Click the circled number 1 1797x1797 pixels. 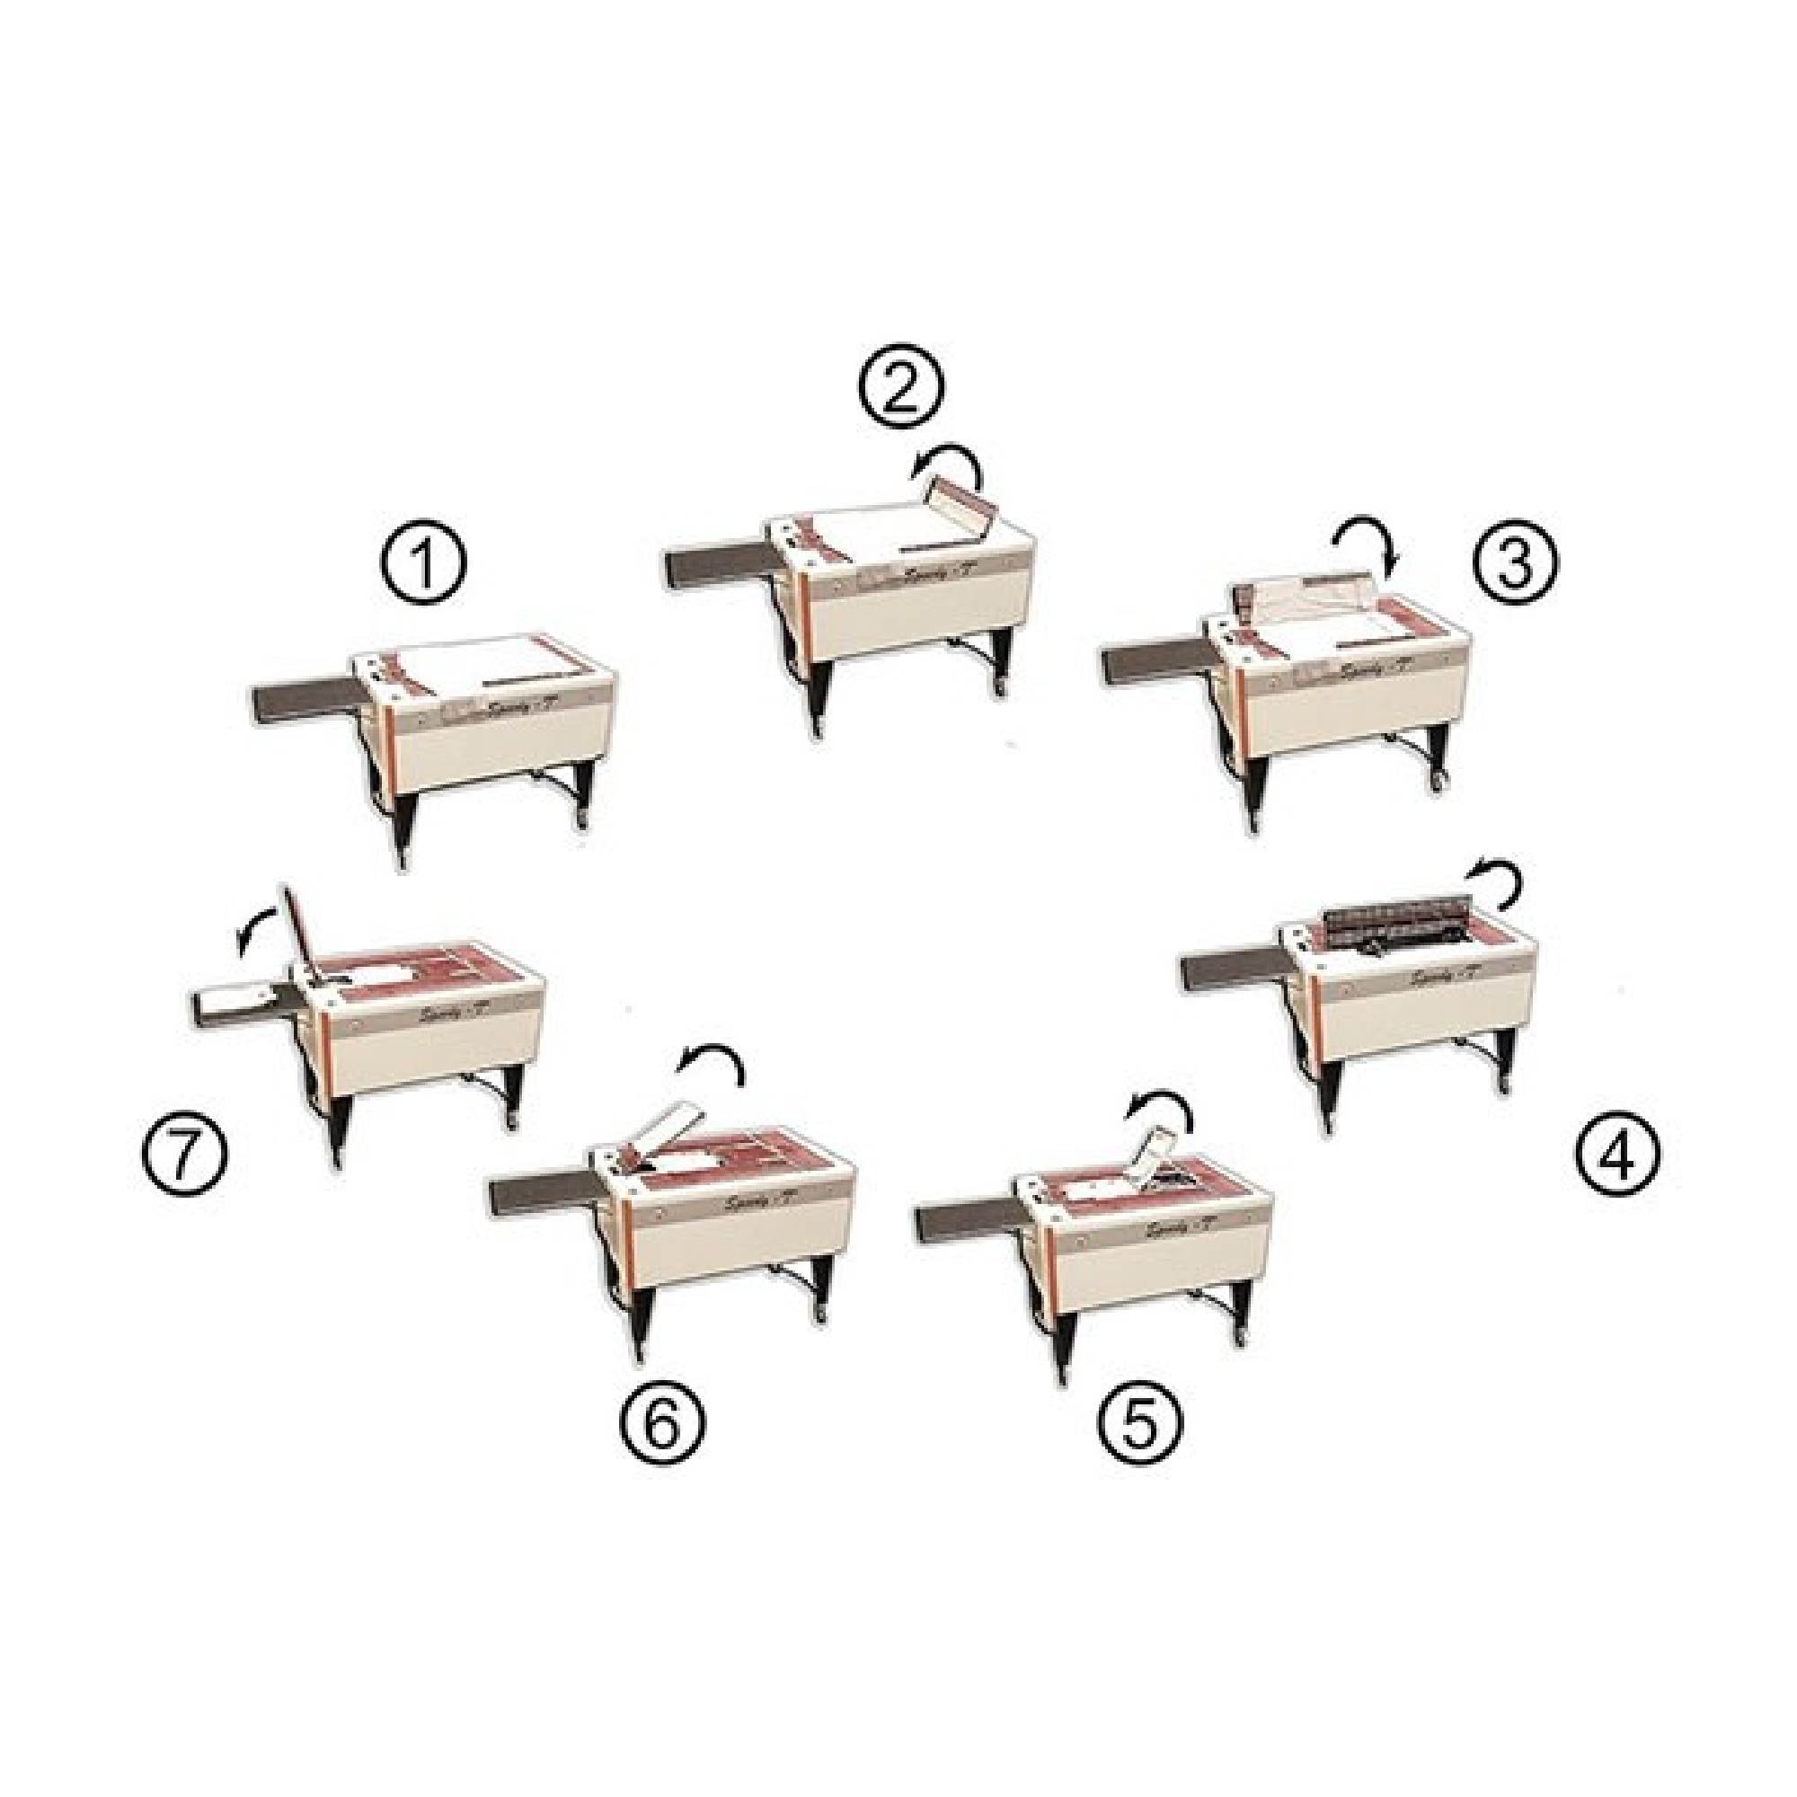point(423,567)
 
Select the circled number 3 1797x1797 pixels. point(1515,562)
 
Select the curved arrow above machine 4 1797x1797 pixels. point(1495,881)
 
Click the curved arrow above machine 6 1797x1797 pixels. point(713,1067)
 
